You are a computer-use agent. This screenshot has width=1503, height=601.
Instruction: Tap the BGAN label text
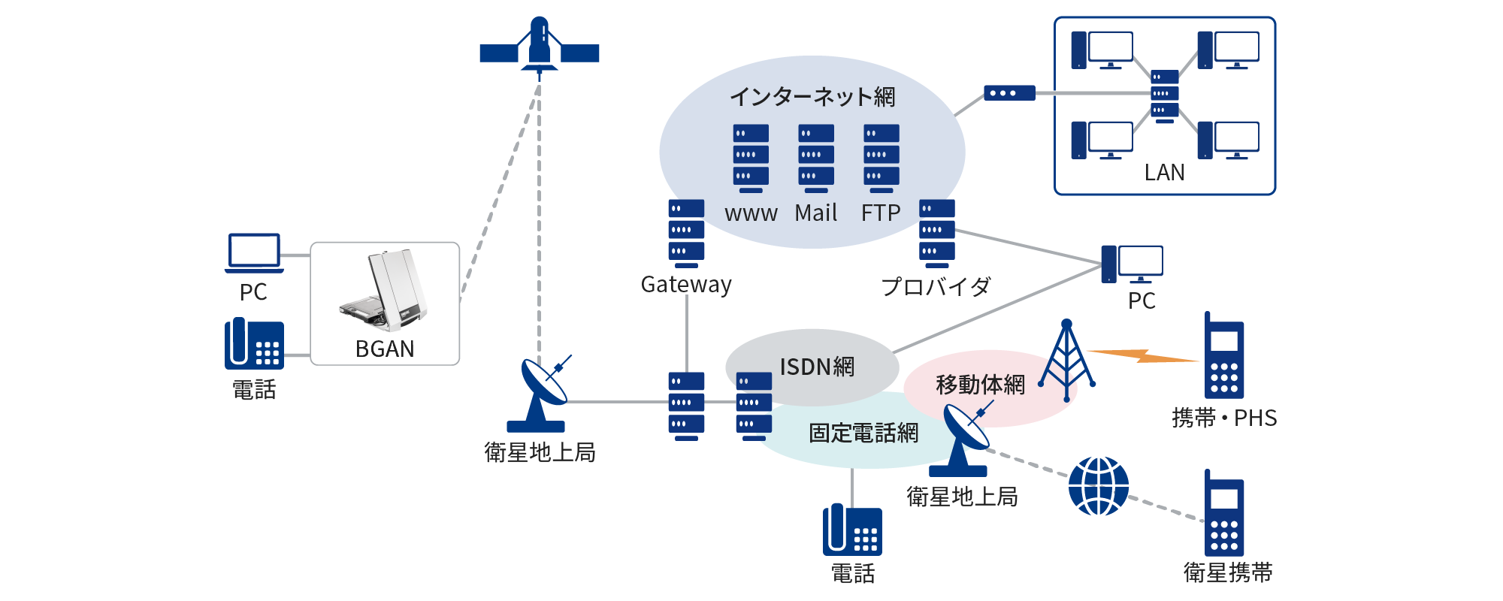[385, 349]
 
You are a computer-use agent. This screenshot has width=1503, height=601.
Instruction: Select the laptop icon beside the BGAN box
[254, 252]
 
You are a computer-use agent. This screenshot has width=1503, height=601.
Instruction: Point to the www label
[751, 213]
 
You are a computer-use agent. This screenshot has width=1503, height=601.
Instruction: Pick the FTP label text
[881, 213]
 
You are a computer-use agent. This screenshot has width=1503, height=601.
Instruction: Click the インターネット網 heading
[812, 97]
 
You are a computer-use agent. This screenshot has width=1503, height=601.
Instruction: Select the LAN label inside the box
[1164, 173]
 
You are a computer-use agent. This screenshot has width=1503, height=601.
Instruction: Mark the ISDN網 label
[817, 367]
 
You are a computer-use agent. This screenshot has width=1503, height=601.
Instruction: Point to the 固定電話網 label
[863, 433]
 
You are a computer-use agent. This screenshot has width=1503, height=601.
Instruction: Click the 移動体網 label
[980, 385]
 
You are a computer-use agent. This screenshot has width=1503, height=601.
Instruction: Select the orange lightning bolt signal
[1142, 355]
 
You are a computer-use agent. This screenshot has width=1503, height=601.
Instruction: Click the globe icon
[1098, 486]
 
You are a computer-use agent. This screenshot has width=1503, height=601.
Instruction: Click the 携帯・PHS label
[1224, 418]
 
